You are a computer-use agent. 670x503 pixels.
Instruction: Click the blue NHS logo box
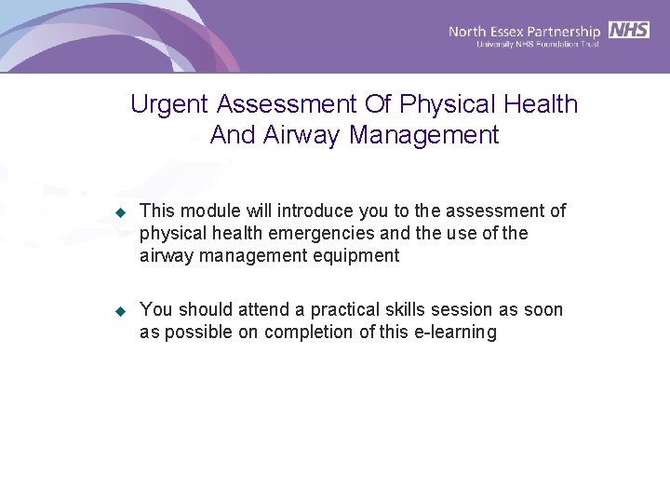click(629, 30)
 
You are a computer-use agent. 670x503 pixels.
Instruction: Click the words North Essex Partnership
click(524, 31)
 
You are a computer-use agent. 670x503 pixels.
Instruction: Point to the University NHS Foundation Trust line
click(537, 44)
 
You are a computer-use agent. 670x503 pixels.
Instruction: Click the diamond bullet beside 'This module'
click(119, 213)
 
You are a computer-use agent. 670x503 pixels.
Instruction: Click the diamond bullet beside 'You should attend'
click(119, 311)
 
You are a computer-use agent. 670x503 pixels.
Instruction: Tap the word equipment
click(357, 256)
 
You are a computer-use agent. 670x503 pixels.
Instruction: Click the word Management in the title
click(424, 135)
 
